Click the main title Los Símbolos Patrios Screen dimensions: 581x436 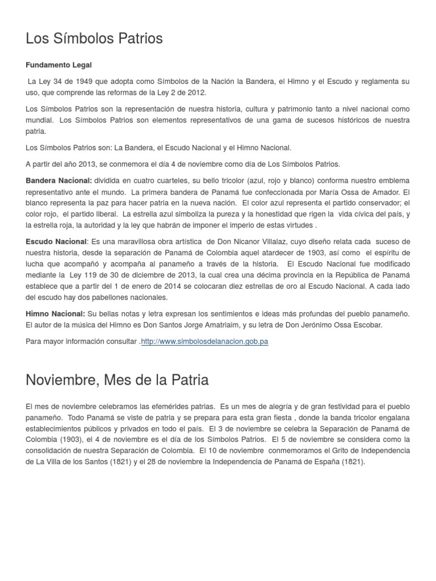(x=94, y=39)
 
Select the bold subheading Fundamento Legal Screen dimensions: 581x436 (x=58, y=65)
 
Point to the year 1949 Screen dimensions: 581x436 (x=78, y=82)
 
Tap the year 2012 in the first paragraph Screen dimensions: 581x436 (x=196, y=92)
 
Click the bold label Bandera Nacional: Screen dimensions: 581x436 (x=59, y=181)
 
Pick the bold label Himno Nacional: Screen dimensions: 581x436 (x=56, y=314)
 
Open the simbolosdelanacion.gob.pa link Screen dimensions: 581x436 (x=204, y=342)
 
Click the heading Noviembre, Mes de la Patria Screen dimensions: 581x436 (x=117, y=380)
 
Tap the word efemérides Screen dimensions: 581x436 (x=175, y=407)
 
